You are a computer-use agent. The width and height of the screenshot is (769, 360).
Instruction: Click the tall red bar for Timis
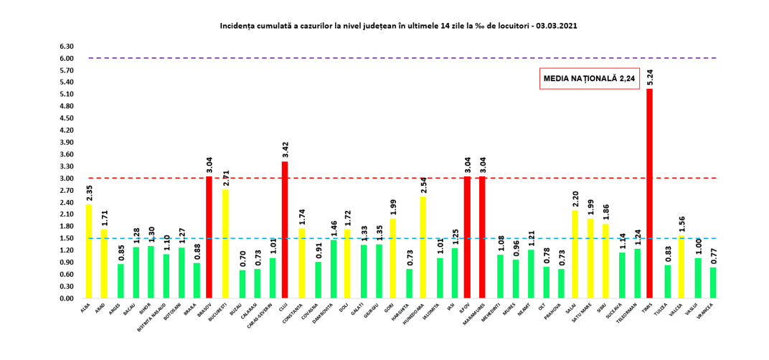tap(649, 194)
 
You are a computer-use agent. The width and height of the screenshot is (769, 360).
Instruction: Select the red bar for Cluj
tap(285, 229)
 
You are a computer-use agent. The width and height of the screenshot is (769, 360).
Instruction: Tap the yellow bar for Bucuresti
tap(225, 244)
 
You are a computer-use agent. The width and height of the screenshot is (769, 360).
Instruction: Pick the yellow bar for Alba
tap(89, 251)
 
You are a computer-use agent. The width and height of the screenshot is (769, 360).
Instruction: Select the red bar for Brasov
tap(209, 237)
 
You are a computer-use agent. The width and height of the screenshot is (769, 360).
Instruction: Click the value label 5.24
tap(649, 77)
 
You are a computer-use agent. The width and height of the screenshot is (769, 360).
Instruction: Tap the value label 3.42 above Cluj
tap(285, 150)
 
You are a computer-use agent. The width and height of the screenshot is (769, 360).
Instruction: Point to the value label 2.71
tap(225, 178)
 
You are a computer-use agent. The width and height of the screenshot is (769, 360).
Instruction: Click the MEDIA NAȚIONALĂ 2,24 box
tap(588, 79)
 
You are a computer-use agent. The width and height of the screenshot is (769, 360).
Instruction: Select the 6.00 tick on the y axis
tap(67, 58)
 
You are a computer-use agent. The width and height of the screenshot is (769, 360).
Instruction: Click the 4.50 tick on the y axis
tap(67, 118)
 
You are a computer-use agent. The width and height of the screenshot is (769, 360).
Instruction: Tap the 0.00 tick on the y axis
tap(67, 298)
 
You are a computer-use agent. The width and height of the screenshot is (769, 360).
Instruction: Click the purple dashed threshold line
tap(359, 58)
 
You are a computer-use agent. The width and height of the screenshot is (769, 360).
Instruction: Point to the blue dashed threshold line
tap(359, 238)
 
